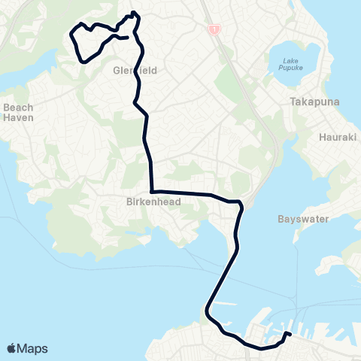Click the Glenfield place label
(132, 70)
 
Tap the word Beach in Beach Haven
(17, 108)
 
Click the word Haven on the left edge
(17, 117)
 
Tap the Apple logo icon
(11, 348)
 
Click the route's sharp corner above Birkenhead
(152, 191)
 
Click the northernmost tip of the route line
(133, 13)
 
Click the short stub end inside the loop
(126, 38)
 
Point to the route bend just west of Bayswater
(241, 204)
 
